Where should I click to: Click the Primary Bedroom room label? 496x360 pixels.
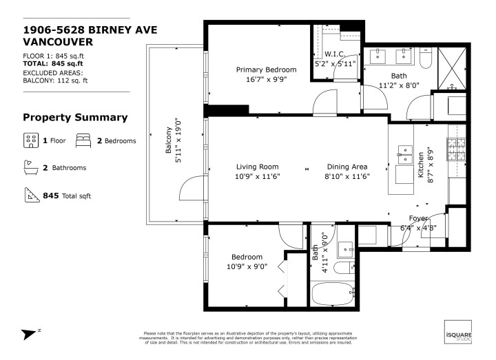266,70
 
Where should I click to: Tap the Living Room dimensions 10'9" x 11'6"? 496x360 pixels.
257,176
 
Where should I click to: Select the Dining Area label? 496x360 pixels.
347,167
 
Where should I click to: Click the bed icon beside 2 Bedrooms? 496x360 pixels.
83,140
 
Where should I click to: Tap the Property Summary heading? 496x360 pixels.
75,117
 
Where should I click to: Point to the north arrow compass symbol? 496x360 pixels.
31,334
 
